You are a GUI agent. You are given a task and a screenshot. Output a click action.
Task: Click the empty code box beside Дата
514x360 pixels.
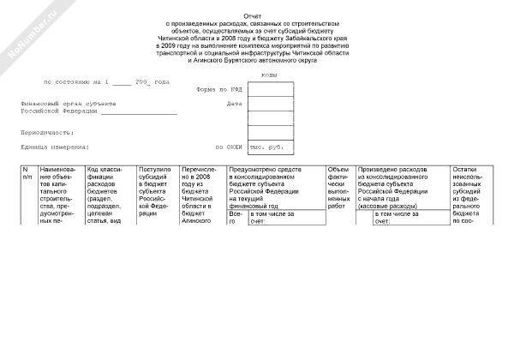click(x=271, y=104)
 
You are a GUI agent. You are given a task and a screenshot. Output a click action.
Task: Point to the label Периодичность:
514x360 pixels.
click(x=48, y=133)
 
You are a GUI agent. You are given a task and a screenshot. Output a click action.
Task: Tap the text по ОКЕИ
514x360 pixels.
click(x=230, y=147)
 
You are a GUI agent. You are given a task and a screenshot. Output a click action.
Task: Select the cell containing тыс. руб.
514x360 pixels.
click(x=271, y=147)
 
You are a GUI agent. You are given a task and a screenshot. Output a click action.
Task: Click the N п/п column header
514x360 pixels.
click(x=27, y=173)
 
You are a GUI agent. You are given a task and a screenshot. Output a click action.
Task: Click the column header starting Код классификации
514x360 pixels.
click(x=109, y=193)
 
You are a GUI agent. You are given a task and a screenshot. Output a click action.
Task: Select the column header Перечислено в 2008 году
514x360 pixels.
click(x=201, y=193)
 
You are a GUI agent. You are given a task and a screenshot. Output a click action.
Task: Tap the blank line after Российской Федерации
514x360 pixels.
click(x=139, y=111)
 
